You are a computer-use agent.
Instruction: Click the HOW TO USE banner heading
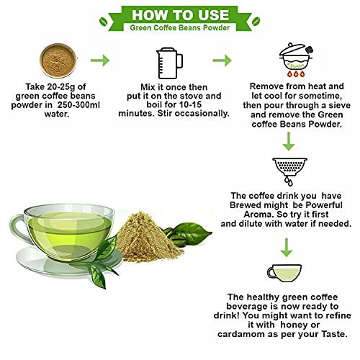click(x=180, y=15)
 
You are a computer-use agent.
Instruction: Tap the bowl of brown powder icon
click(x=58, y=60)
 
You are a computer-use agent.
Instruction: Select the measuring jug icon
click(x=169, y=63)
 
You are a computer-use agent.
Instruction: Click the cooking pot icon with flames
click(x=296, y=60)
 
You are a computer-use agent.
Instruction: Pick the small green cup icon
click(x=284, y=273)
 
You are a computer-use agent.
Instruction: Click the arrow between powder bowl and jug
click(x=100, y=60)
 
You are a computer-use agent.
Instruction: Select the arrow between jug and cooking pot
click(x=222, y=60)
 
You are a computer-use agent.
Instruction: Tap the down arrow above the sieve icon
click(x=289, y=141)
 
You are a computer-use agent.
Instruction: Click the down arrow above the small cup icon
click(x=287, y=248)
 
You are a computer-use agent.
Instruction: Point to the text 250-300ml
click(x=78, y=105)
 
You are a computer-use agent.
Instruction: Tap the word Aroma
click(x=258, y=214)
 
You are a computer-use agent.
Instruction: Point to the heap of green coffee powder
click(x=148, y=237)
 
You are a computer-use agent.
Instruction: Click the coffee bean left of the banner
click(x=104, y=22)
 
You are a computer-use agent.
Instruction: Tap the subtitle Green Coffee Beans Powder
click(x=180, y=27)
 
